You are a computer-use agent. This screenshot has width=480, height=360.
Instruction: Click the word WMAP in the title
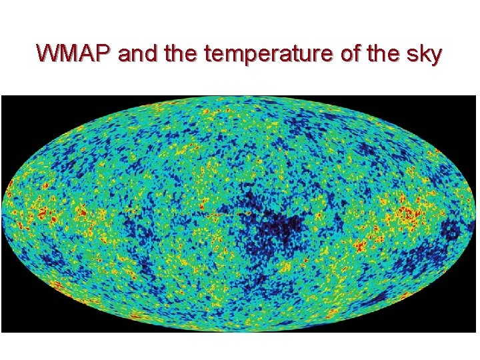(75, 53)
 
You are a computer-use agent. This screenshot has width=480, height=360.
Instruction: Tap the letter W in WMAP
(49, 53)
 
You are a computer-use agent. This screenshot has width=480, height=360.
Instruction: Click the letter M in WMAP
(69, 53)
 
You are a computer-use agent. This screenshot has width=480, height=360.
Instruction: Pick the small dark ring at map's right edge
(453, 231)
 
